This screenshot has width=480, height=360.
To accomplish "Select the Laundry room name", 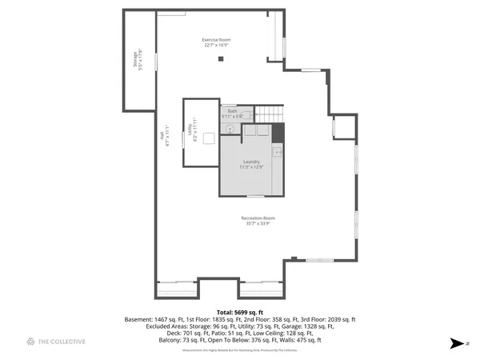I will [x=251, y=162].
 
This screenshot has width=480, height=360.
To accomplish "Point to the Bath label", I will [x=232, y=111].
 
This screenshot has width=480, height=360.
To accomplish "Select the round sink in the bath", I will [x=229, y=128].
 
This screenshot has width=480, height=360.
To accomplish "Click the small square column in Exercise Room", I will [x=222, y=58].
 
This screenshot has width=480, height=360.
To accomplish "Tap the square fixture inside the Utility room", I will [x=208, y=139].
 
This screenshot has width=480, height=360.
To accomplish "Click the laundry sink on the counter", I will [x=277, y=150].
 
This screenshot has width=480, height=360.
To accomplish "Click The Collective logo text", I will [x=62, y=342].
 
